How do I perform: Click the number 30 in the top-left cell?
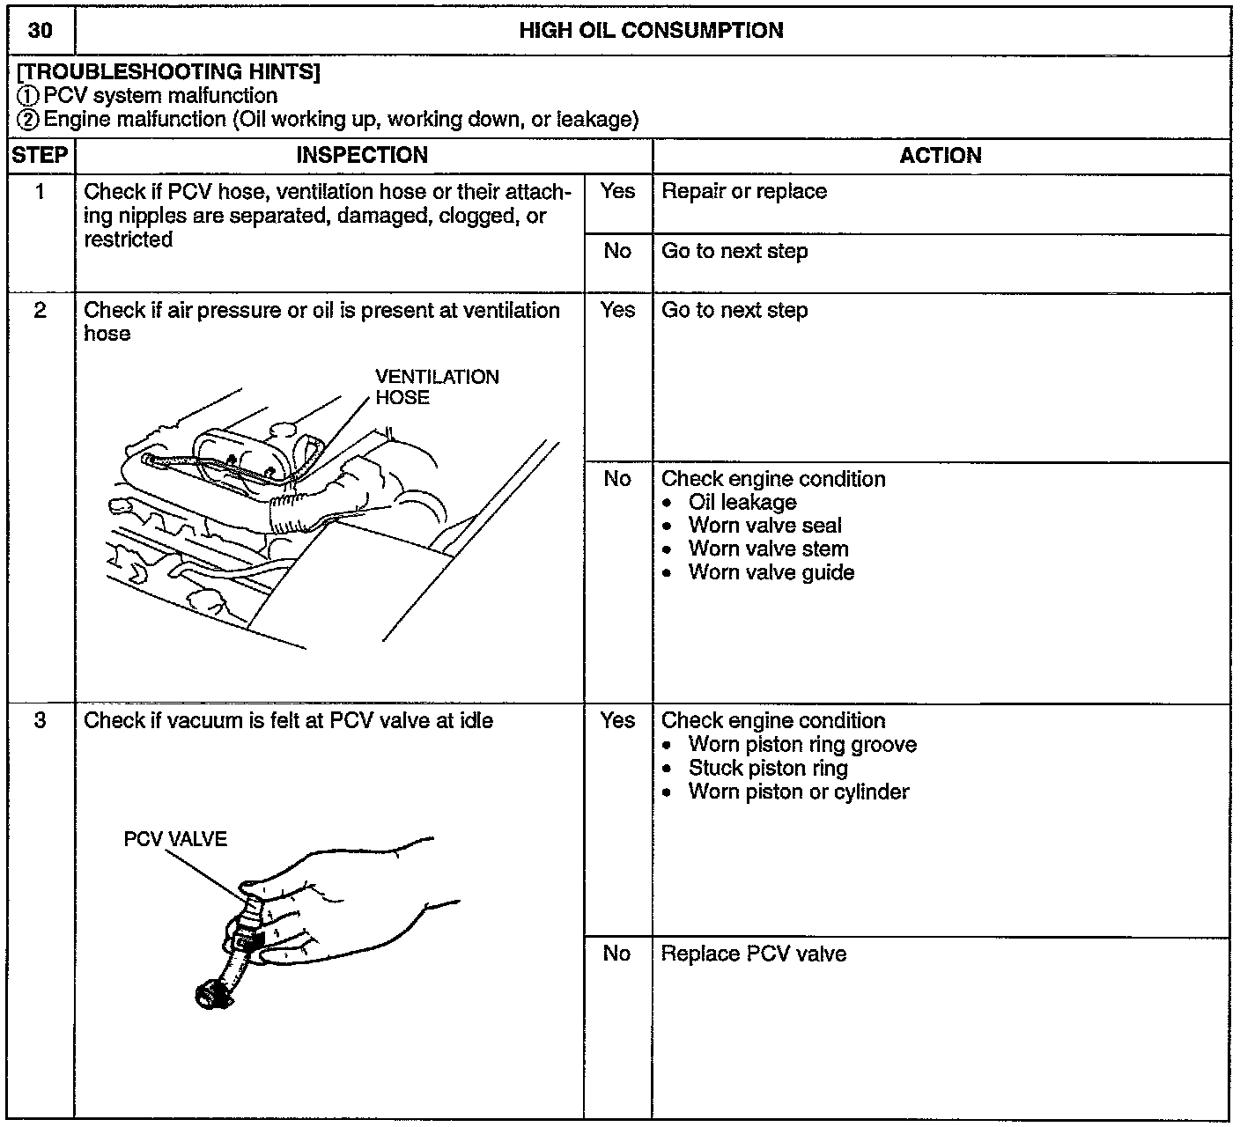(x=40, y=31)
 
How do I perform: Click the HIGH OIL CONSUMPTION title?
(x=651, y=31)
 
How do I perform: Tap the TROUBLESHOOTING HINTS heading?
(x=168, y=72)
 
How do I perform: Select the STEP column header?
(x=40, y=156)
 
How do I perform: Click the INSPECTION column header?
(x=362, y=156)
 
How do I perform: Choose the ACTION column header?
(x=940, y=156)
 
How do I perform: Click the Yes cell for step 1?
(x=617, y=192)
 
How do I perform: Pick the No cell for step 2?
(x=617, y=479)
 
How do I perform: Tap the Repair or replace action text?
(x=744, y=192)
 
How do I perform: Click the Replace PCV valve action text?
(x=754, y=954)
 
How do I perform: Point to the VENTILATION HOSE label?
(x=437, y=387)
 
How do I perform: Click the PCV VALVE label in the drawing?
(x=175, y=839)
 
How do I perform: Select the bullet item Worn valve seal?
(x=764, y=526)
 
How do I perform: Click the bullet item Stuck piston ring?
(x=768, y=769)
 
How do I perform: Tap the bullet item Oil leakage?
(x=742, y=503)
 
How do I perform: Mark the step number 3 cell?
(x=40, y=721)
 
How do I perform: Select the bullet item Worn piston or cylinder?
(x=798, y=792)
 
